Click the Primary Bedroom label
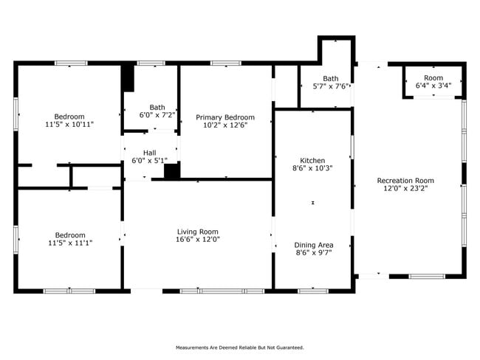225,117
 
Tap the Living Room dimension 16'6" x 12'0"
198,240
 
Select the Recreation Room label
405,181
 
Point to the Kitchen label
312,161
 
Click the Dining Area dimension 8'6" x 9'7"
314,252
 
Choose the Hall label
150,153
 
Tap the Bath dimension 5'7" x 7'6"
331,86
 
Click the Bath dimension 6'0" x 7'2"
157,115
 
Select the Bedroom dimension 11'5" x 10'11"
69,125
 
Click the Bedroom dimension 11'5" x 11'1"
70,243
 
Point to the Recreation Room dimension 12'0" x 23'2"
405,188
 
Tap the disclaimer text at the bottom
240,347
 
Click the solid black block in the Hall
172,170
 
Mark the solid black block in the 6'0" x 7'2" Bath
128,78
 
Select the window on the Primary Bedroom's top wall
226,63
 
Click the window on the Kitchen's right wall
352,147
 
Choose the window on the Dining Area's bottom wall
313,291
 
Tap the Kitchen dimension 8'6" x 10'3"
312,168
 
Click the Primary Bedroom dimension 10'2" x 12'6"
225,125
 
